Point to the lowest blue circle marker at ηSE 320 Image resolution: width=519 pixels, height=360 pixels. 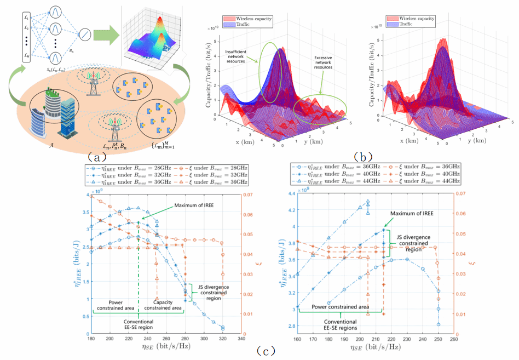coord(223,328)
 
